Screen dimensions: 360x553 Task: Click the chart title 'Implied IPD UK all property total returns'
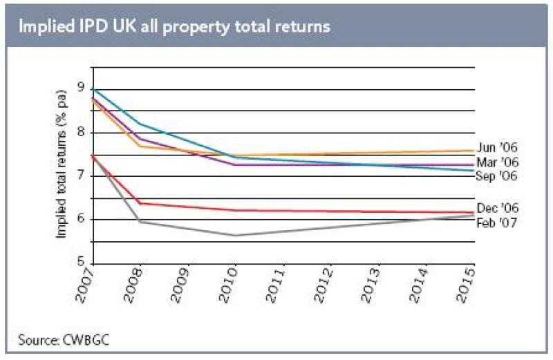(174, 26)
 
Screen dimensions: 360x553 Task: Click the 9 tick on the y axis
(82, 88)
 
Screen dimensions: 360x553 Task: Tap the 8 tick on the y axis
(82, 132)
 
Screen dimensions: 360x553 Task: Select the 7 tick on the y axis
(82, 176)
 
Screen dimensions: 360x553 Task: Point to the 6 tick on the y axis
(82, 220)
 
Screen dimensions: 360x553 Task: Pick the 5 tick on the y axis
(82, 263)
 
